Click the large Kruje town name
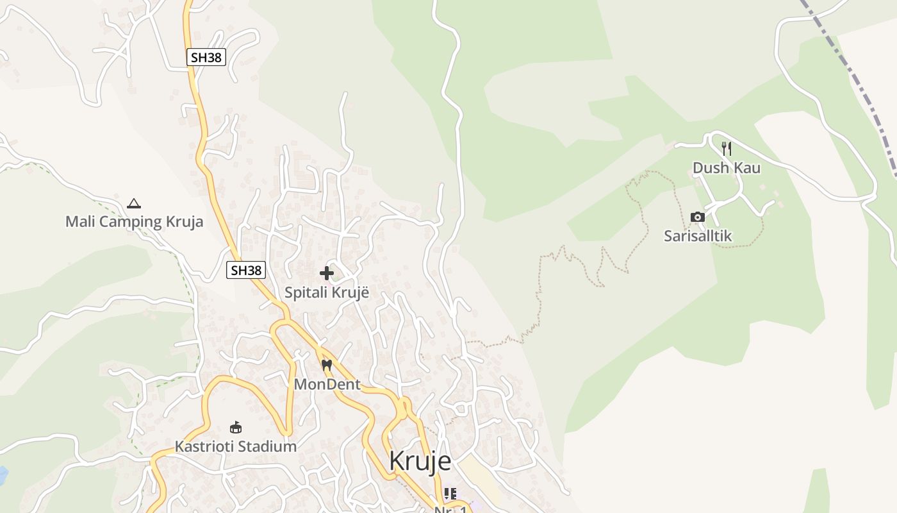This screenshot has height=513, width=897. click(420, 461)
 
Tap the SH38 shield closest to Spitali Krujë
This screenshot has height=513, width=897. click(246, 270)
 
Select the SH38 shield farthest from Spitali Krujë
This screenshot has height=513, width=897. click(206, 57)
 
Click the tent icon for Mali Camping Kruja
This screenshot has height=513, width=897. click(133, 204)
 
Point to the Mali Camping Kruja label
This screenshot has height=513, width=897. click(134, 222)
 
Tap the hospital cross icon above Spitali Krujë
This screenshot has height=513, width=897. click(327, 274)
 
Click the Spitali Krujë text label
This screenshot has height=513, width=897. click(327, 293)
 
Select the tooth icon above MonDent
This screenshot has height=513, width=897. click(327, 366)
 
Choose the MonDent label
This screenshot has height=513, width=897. click(327, 385)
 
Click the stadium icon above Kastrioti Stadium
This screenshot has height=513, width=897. click(236, 427)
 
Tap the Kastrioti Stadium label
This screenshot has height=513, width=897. click(236, 446)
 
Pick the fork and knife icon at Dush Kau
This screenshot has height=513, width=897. click(726, 149)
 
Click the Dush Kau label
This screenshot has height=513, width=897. click(726, 168)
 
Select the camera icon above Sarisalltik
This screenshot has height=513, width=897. click(698, 217)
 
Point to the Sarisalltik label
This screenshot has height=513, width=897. click(698, 236)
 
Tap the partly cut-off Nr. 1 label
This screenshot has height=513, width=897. click(450, 509)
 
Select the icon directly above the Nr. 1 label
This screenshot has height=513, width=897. click(450, 494)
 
